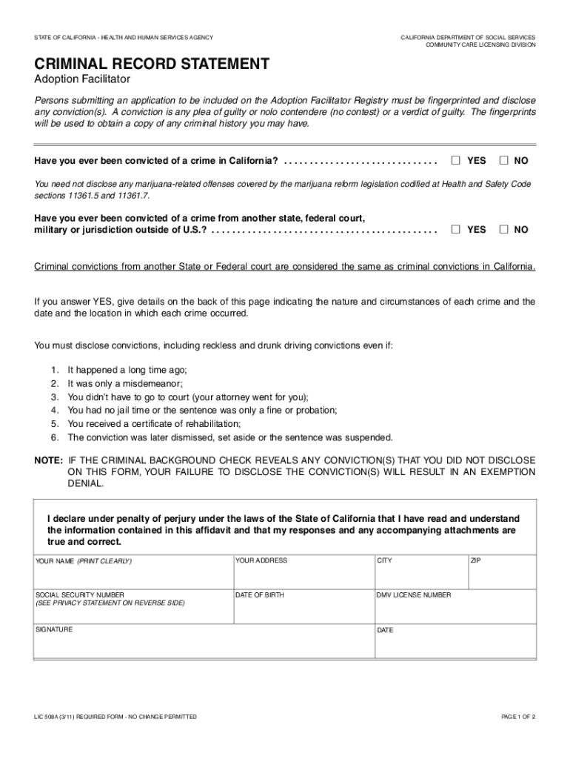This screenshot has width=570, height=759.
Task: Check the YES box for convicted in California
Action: click(x=456, y=161)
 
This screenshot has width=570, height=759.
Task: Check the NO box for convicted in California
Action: click(x=504, y=161)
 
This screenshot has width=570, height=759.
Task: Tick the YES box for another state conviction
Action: click(x=456, y=230)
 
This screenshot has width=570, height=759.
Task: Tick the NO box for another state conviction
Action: click(x=504, y=230)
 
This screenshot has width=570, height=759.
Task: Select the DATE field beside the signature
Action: click(x=455, y=645)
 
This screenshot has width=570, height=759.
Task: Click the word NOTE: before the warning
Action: click(x=49, y=460)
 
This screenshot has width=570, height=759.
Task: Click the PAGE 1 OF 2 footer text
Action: click(x=517, y=717)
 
